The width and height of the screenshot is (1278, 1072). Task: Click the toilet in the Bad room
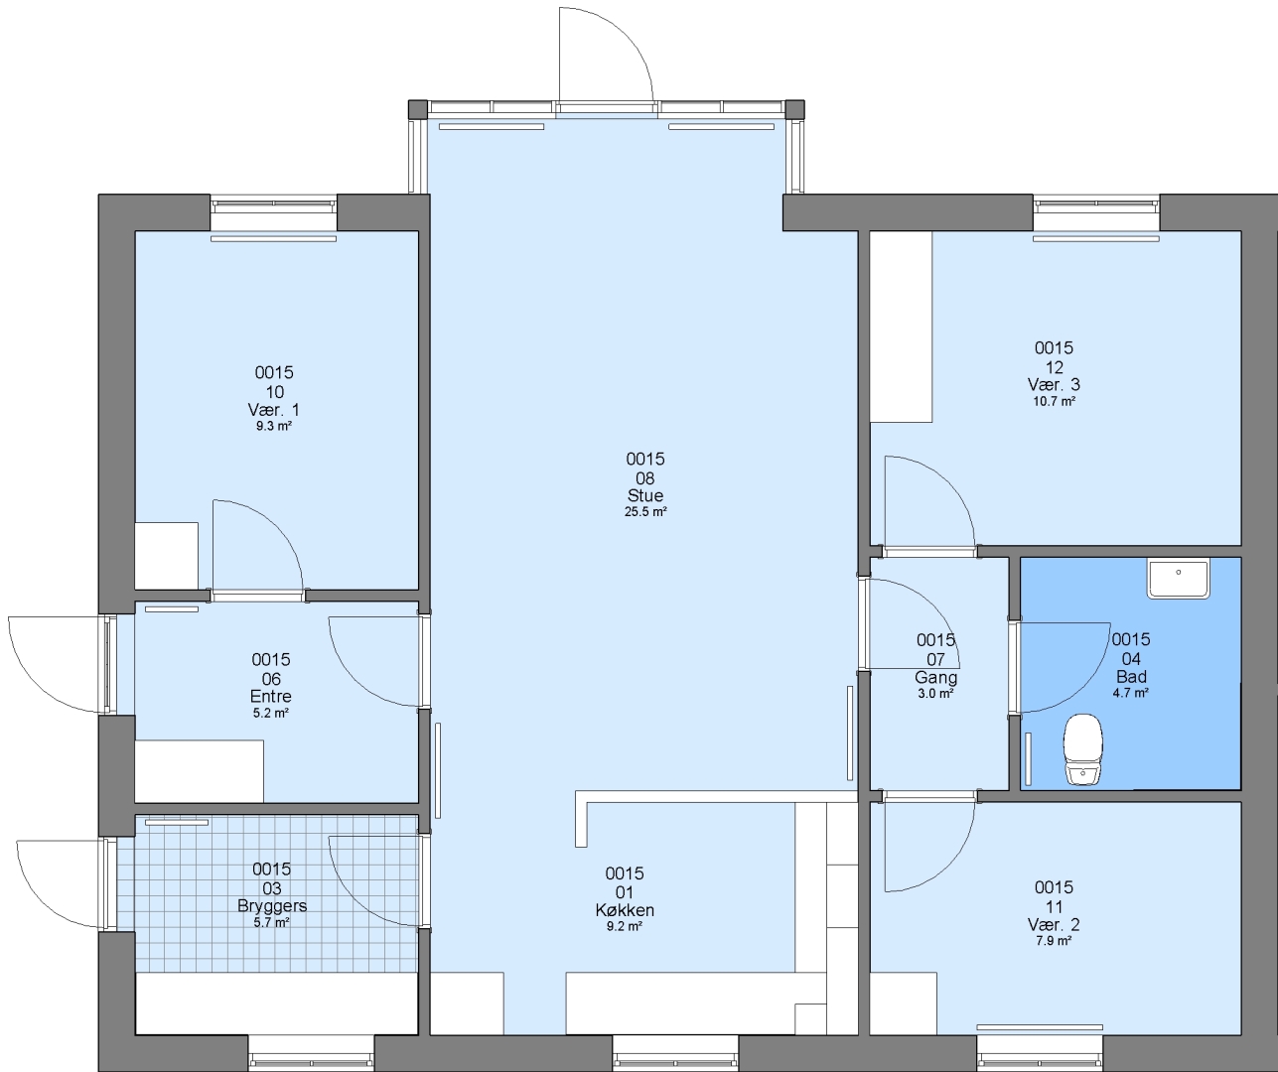tap(1083, 749)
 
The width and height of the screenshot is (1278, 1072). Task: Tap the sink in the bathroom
tap(1179, 579)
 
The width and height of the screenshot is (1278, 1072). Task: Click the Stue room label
tap(645, 495)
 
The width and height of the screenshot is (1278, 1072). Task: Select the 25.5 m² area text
tap(645, 512)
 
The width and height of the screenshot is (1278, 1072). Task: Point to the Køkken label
tap(625, 910)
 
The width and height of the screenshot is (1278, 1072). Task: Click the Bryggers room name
tap(272, 905)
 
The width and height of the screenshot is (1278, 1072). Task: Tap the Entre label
tap(270, 697)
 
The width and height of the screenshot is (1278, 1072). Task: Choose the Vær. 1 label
tap(274, 409)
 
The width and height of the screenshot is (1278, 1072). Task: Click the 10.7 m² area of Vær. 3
tap(1054, 401)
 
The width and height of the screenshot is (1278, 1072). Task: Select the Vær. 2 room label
tap(1054, 924)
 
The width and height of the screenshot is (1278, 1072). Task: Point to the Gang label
tap(935, 677)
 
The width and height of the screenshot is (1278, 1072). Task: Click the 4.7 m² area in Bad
tap(1130, 693)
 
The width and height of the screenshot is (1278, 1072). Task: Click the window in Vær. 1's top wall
tap(274, 205)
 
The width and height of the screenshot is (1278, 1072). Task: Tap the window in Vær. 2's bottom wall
tap(1040, 1053)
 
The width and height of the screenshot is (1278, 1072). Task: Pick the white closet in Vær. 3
tap(902, 327)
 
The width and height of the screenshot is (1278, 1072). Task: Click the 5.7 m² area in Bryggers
tap(272, 923)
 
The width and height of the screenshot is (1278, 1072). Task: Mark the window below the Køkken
tap(675, 1053)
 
